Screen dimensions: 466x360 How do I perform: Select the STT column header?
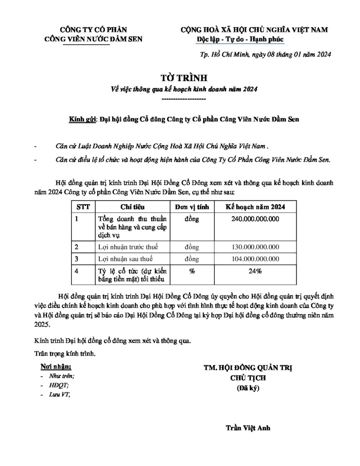click(83, 207)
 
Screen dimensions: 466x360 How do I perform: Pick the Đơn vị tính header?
click(192, 207)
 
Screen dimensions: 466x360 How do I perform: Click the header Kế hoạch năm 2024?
click(256, 207)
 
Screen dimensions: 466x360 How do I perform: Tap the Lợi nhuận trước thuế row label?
click(126, 247)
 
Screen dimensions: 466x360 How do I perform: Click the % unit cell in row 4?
click(192, 271)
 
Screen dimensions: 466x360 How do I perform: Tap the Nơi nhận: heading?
click(56, 366)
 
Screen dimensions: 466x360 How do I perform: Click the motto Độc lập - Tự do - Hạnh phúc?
click(240, 40)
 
